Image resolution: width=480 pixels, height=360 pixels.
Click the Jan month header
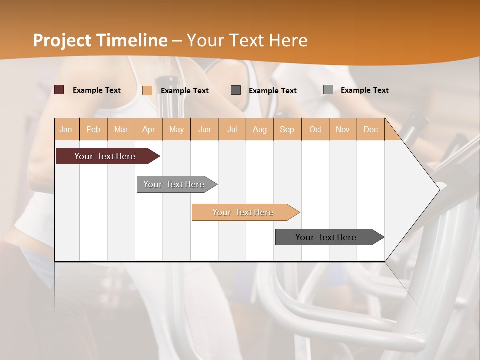coord(66,129)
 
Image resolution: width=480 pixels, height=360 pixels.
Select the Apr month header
coord(148,129)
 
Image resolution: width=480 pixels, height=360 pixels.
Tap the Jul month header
coord(232,129)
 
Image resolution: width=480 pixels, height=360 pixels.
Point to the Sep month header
coord(287,129)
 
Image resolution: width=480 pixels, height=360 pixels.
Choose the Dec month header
coord(370,129)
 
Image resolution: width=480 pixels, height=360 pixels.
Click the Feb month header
coord(93,129)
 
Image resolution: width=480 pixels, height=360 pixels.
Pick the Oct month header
coord(315,129)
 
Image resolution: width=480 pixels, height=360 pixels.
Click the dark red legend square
coord(59,90)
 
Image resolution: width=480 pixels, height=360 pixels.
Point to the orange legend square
coord(147,90)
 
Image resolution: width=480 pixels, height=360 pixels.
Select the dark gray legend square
coord(236,90)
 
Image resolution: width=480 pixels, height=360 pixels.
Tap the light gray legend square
coord(328,90)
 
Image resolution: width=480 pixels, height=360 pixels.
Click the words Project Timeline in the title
coord(100,40)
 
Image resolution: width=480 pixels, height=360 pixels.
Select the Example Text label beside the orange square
coord(185,90)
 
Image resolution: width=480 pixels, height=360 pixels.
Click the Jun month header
coord(204,129)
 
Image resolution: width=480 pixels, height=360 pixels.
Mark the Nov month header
coord(342,129)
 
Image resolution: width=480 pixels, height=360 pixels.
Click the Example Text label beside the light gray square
coord(364,90)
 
